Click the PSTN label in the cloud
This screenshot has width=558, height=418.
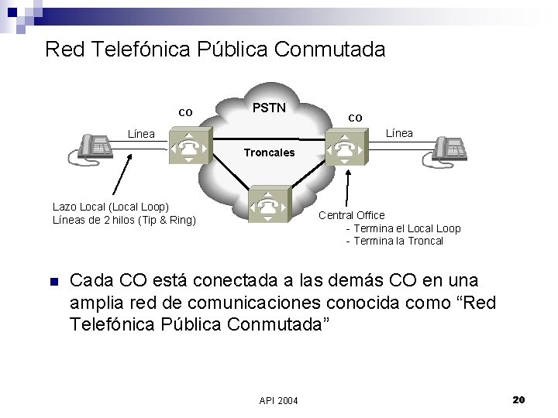[270, 106]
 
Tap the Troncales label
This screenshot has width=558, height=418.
[269, 152]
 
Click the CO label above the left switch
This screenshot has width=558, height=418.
[185, 112]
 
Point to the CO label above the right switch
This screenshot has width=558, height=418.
[354, 118]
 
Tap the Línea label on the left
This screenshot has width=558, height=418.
[140, 134]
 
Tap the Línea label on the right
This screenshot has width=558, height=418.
[399, 134]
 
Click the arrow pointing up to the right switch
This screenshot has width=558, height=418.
[346, 190]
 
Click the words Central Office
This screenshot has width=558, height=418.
[351, 215]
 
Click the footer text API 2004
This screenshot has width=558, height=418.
[278, 399]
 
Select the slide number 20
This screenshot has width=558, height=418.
[519, 399]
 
